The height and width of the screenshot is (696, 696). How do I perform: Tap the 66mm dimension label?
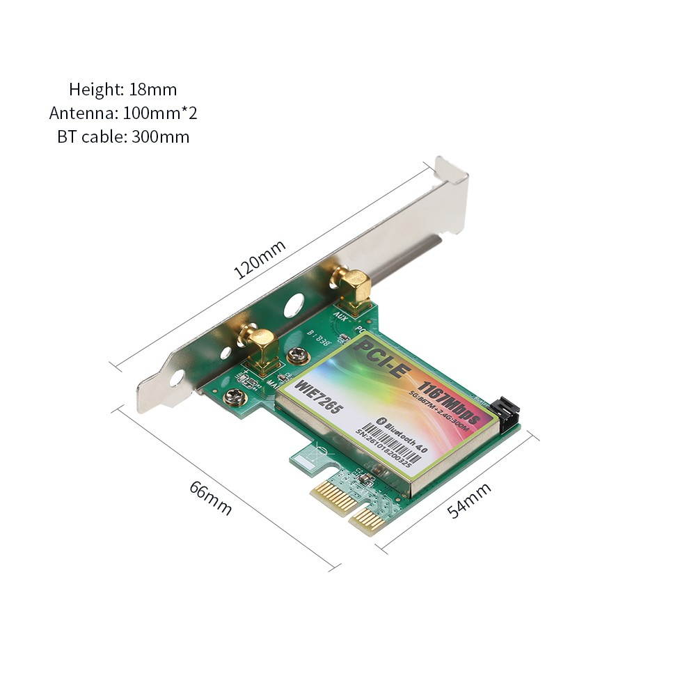(211, 497)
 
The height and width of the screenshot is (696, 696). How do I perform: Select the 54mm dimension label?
(469, 500)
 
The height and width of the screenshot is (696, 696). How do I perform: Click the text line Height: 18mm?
(123, 89)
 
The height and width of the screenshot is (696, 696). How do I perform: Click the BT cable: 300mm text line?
(123, 136)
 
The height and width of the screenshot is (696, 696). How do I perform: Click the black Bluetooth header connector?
(507, 415)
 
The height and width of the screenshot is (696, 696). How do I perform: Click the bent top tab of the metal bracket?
(451, 171)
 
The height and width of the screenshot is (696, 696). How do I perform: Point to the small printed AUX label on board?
(342, 317)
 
